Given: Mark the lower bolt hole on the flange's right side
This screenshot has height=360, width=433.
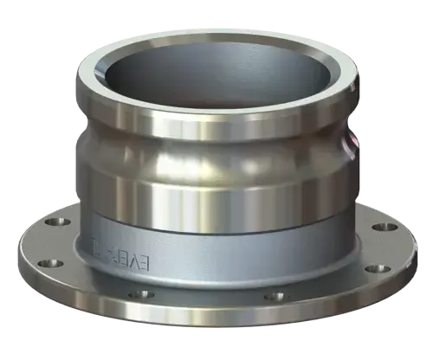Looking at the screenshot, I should (x=374, y=268).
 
